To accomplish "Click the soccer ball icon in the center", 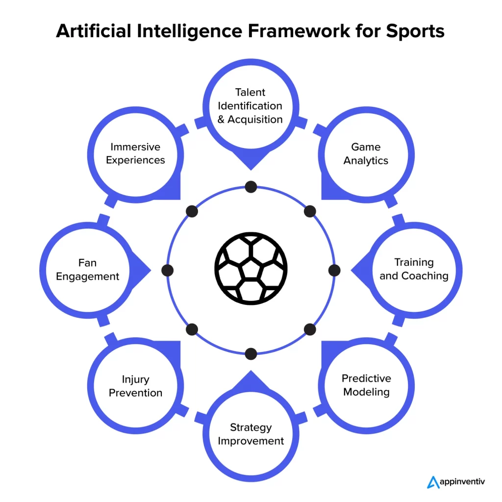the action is (251, 268).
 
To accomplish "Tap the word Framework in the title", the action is (299, 31).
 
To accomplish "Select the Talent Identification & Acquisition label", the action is (250, 106).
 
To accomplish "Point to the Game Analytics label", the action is (366, 153).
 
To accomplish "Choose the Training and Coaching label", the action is (414, 269).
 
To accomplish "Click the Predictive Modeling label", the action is (366, 385).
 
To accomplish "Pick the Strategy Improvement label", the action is (251, 434).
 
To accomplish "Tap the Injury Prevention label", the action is (135, 386).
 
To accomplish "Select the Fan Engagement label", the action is (87, 270).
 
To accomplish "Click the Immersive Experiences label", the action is (135, 153).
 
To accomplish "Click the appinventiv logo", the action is (456, 482).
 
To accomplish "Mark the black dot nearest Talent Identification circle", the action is (251, 187).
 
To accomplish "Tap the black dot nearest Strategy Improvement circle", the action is (251, 354).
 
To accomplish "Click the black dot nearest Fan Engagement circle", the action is (168, 271).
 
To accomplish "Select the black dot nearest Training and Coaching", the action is (334, 271).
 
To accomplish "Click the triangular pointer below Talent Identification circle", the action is (251, 161).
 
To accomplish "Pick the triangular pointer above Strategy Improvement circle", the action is (251, 380).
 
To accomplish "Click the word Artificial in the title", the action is (94, 31).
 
